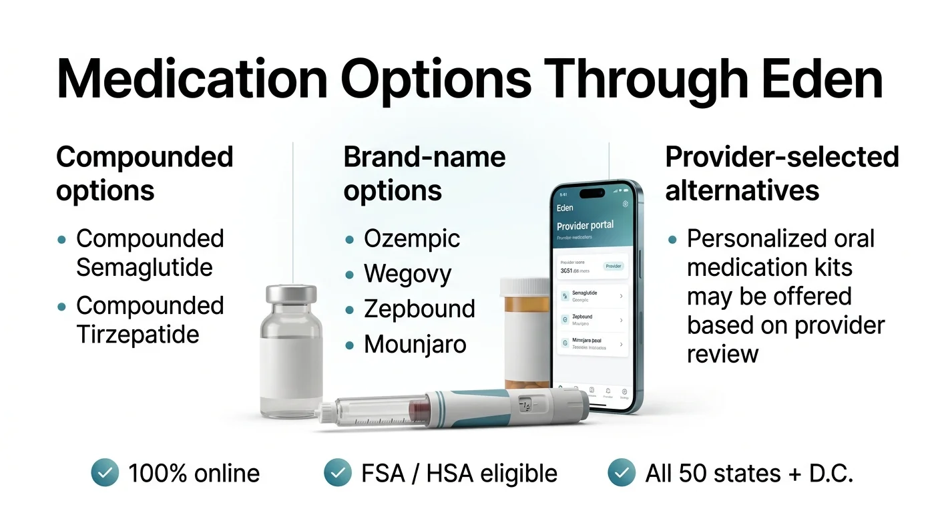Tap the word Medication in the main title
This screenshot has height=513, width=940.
[x=192, y=79]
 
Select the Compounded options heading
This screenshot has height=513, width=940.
[x=144, y=174]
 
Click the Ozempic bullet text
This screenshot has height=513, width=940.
[x=412, y=239]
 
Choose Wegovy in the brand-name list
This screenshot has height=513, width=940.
[x=407, y=274]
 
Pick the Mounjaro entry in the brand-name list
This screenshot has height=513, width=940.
[x=415, y=345]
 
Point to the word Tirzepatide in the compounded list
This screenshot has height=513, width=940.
[x=138, y=334]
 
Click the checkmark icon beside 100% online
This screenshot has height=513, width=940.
[x=105, y=473]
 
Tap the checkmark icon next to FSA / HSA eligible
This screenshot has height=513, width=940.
[x=338, y=473]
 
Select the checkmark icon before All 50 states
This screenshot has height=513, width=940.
[x=622, y=473]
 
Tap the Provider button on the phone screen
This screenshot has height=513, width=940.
[x=613, y=266]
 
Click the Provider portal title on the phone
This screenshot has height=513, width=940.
[x=585, y=225]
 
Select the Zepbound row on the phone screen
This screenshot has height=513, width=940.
[x=591, y=320]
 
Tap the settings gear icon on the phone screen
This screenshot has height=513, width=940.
[x=625, y=204]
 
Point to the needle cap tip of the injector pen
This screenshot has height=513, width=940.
[x=326, y=411]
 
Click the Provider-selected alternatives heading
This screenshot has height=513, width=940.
[x=782, y=174]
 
